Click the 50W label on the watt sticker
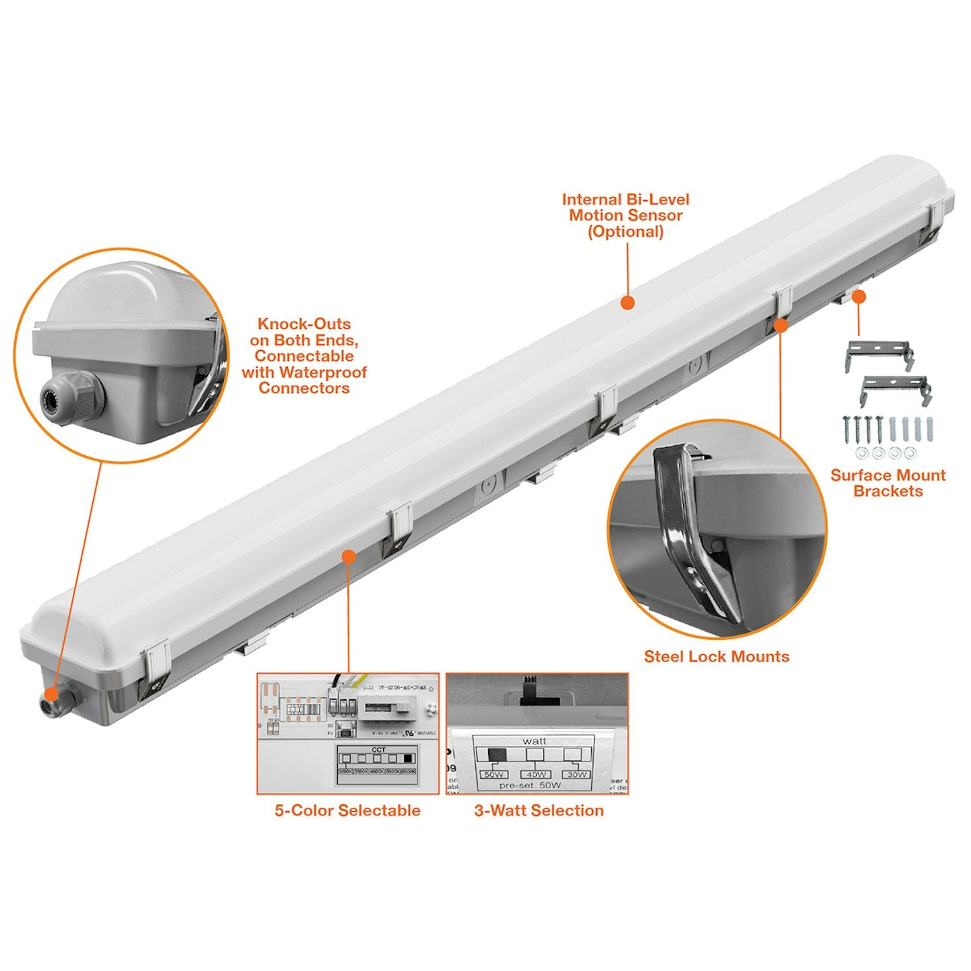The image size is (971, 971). (494, 774)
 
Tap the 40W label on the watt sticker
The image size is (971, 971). (536, 774)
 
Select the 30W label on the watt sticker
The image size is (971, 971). (577, 774)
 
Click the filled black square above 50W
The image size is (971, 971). (496, 755)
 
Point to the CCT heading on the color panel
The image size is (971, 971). (378, 749)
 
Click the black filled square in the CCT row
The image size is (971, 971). (408, 759)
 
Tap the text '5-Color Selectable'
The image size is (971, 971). (347, 811)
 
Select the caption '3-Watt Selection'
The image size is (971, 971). (539, 811)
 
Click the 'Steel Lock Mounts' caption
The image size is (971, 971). (716, 657)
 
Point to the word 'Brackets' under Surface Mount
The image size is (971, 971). (888, 492)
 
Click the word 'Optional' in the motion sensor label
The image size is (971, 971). (626, 232)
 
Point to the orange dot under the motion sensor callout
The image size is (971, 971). (627, 303)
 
